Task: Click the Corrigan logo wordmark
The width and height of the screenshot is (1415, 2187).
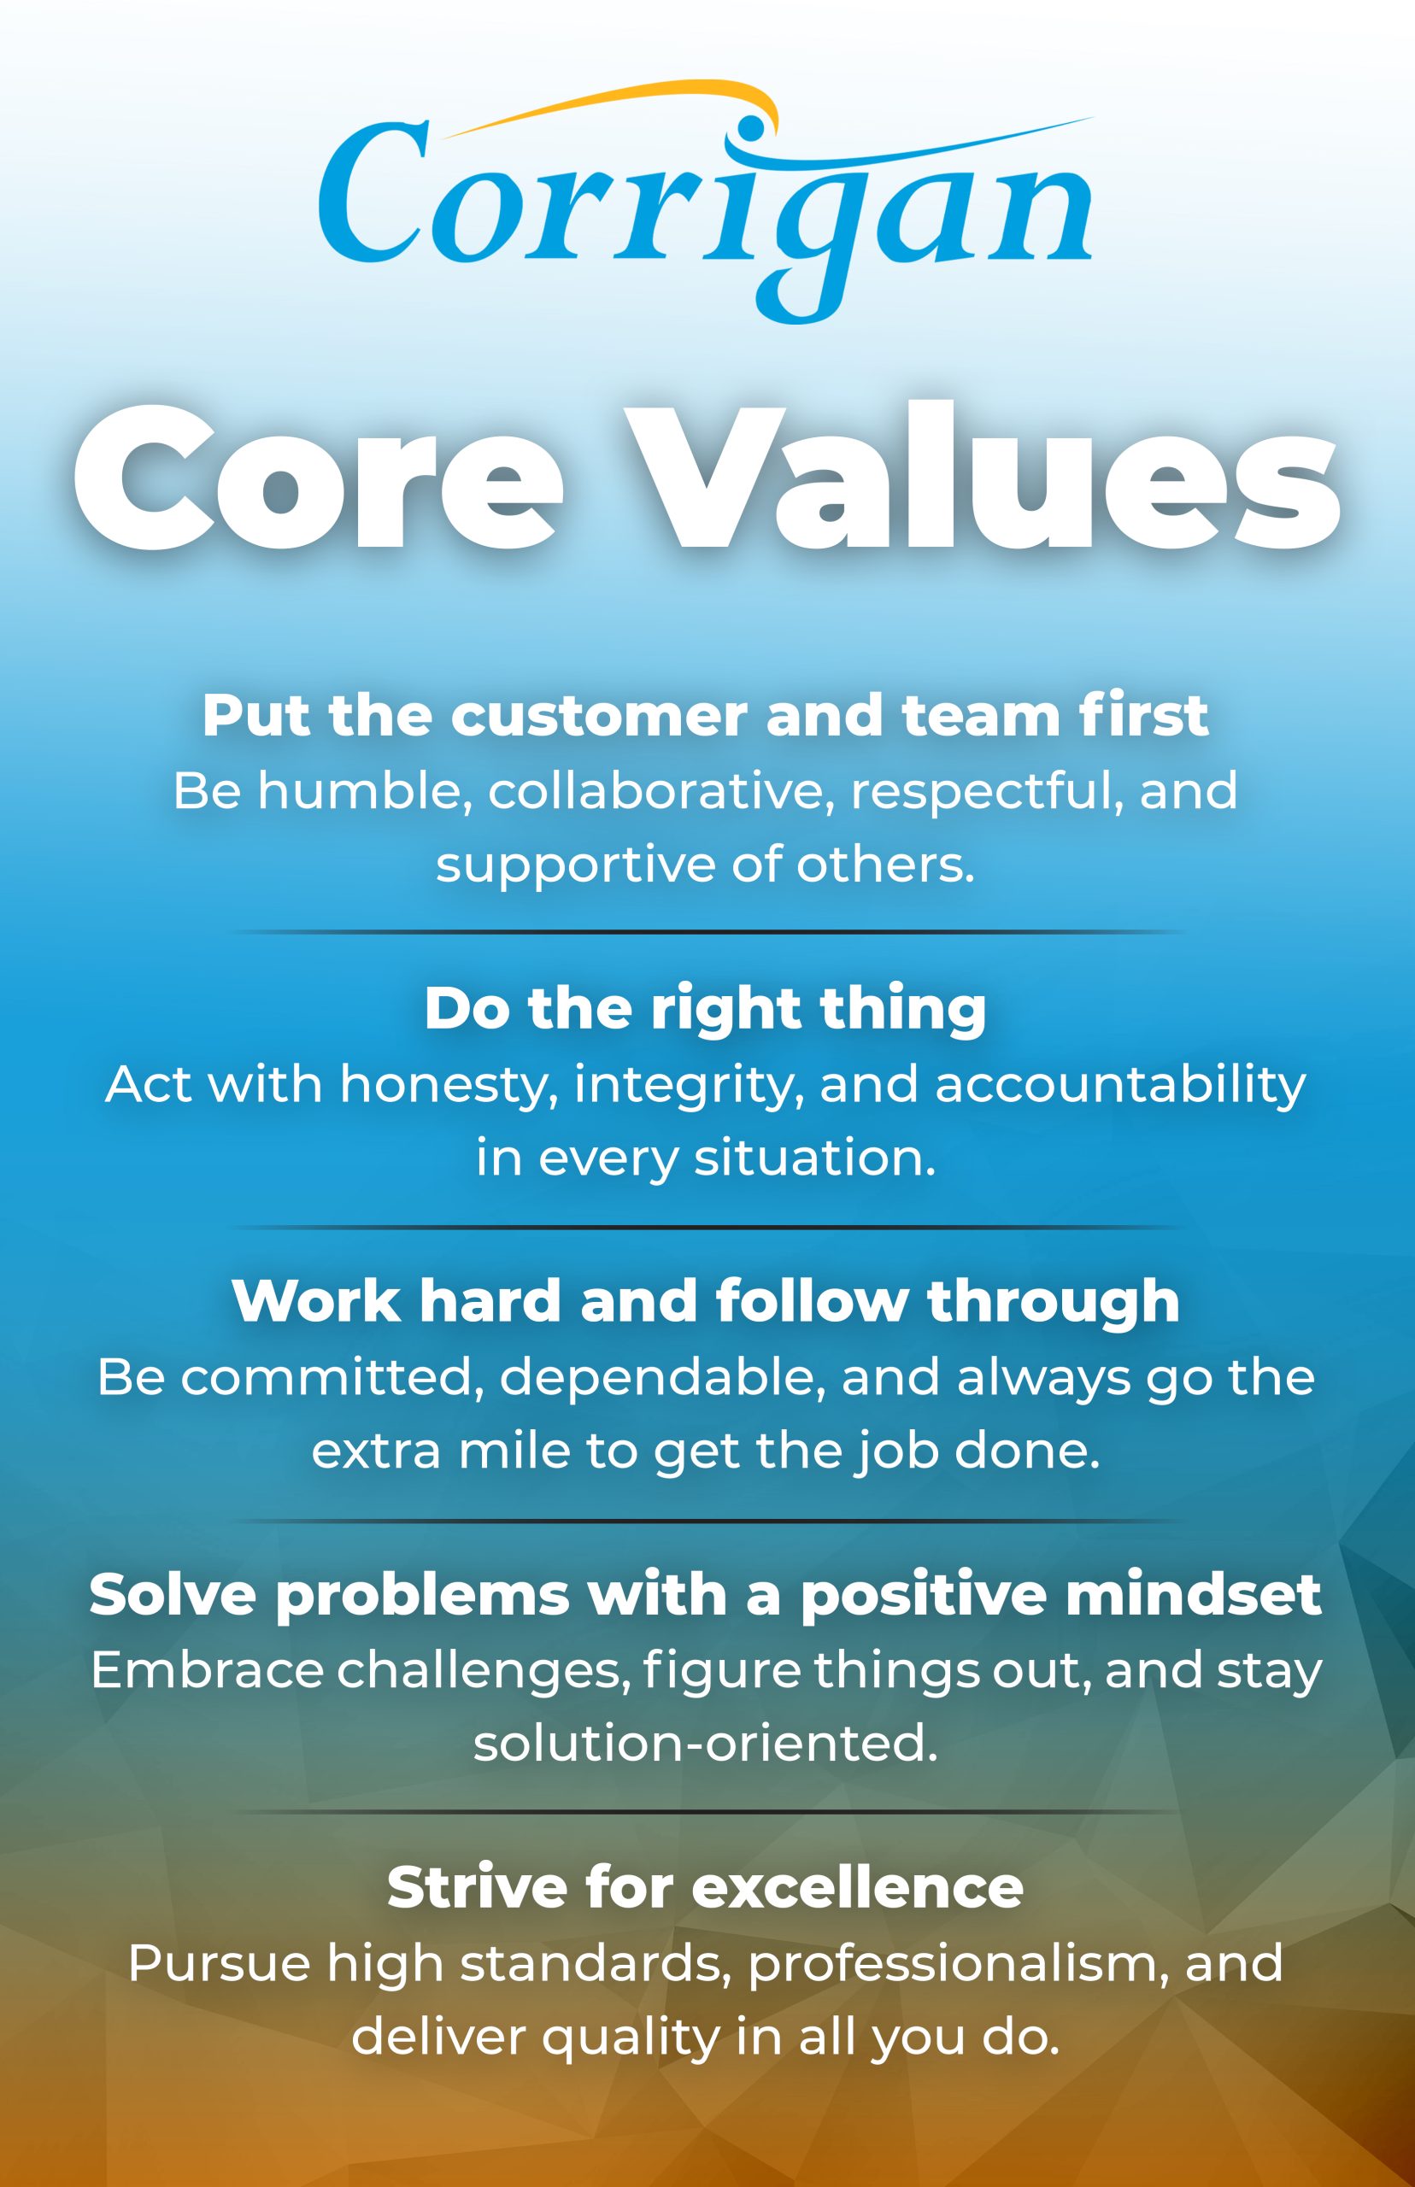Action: (705, 207)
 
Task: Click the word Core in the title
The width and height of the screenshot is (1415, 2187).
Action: (317, 479)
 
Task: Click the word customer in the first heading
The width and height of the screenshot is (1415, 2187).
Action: (598, 717)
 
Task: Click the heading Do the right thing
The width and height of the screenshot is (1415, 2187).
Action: (705, 1009)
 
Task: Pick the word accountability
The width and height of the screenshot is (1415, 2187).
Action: (1120, 1085)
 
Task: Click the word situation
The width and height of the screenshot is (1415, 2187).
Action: (814, 1158)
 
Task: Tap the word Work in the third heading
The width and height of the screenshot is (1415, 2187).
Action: (316, 1302)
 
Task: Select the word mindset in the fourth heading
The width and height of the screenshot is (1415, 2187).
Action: (1193, 1595)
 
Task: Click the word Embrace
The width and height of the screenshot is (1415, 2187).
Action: (207, 1670)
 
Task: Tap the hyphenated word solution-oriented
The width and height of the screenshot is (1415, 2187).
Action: (705, 1744)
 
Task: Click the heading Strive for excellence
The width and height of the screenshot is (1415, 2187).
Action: (705, 1887)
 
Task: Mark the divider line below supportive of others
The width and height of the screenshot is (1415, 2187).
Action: (705, 931)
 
